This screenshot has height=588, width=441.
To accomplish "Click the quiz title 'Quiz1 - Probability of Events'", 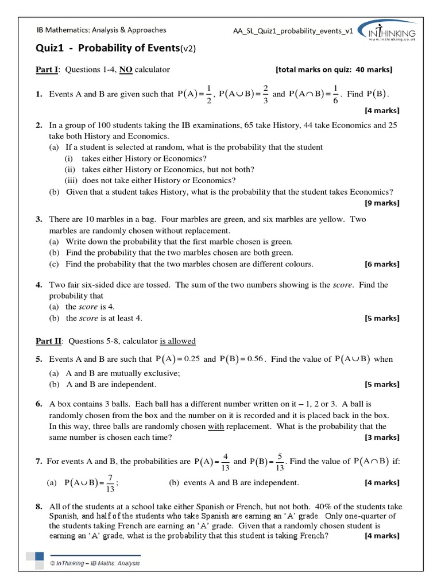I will tap(115, 49).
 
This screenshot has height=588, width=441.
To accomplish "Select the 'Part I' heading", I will tap(47, 70).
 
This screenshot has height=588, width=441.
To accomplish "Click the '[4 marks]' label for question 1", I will tap(382, 110).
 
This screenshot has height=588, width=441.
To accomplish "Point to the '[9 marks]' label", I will tap(382, 203).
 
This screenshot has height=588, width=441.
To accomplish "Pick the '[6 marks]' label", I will tap(382, 264).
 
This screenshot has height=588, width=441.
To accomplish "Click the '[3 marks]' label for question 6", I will tap(382, 437).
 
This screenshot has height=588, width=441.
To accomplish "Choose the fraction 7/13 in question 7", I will tap(109, 483).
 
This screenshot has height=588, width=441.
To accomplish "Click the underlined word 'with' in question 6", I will tap(215, 426).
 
